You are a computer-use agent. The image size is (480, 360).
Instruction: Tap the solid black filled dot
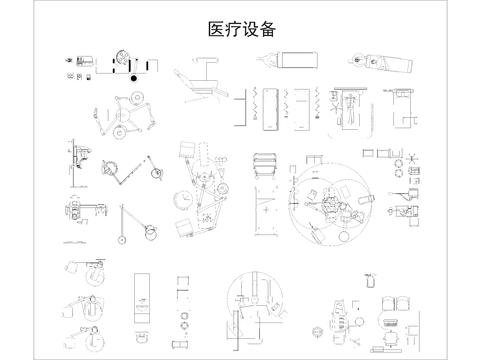(x=133, y=77)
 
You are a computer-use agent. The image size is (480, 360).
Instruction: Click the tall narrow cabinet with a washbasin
(x=141, y=295)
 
